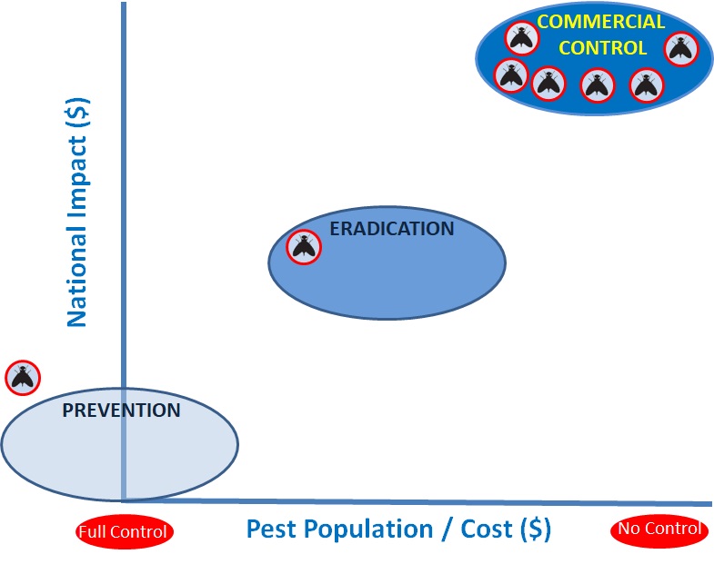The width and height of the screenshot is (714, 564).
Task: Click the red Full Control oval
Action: pos(124,532)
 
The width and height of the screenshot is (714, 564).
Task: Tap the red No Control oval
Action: pos(659,529)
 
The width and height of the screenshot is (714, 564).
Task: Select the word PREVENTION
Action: pos(121,411)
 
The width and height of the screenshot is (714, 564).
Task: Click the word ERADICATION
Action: pos(391,229)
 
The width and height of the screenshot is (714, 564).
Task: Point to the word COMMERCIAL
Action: pos(600,22)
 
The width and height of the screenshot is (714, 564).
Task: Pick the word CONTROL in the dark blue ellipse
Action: pos(602,48)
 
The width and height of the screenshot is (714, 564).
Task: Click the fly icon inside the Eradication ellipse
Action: pos(304,246)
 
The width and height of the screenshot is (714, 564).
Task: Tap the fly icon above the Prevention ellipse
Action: pos(23,377)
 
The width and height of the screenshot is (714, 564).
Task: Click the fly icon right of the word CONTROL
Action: pos(680,48)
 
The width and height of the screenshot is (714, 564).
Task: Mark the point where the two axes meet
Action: pos(124,499)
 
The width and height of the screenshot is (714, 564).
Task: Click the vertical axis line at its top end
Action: pos(124,5)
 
